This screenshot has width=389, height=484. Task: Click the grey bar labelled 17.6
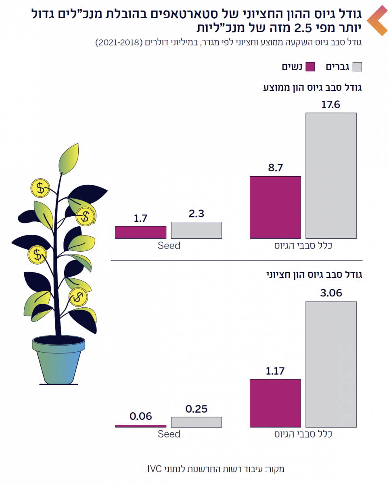pyautogui.click(x=331, y=175)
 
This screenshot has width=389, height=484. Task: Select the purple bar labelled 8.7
pyautogui.click(x=275, y=207)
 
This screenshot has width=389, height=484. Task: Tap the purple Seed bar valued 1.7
pyautogui.click(x=140, y=232)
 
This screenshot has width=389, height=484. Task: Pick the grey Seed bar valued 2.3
pyautogui.click(x=196, y=230)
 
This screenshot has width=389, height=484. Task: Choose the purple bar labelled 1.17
pyautogui.click(x=275, y=403)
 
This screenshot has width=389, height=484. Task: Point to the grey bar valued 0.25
pyautogui.click(x=196, y=422)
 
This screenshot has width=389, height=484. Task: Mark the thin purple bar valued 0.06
pyautogui.click(x=140, y=426)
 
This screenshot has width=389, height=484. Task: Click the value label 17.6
pyautogui.click(x=331, y=104)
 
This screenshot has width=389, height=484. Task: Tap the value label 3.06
pyautogui.click(x=331, y=293)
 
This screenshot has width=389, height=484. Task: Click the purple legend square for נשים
pyautogui.click(x=310, y=67)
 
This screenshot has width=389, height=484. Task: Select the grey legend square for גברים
pyautogui.click(x=357, y=67)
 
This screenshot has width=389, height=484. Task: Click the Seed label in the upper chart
pyautogui.click(x=169, y=245)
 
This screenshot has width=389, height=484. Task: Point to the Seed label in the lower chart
pyautogui.click(x=169, y=434)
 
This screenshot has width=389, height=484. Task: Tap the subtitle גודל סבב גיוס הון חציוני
pyautogui.click(x=315, y=275)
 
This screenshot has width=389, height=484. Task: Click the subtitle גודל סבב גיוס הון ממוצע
pyautogui.click(x=313, y=88)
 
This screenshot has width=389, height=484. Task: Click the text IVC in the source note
pyautogui.click(x=155, y=469)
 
